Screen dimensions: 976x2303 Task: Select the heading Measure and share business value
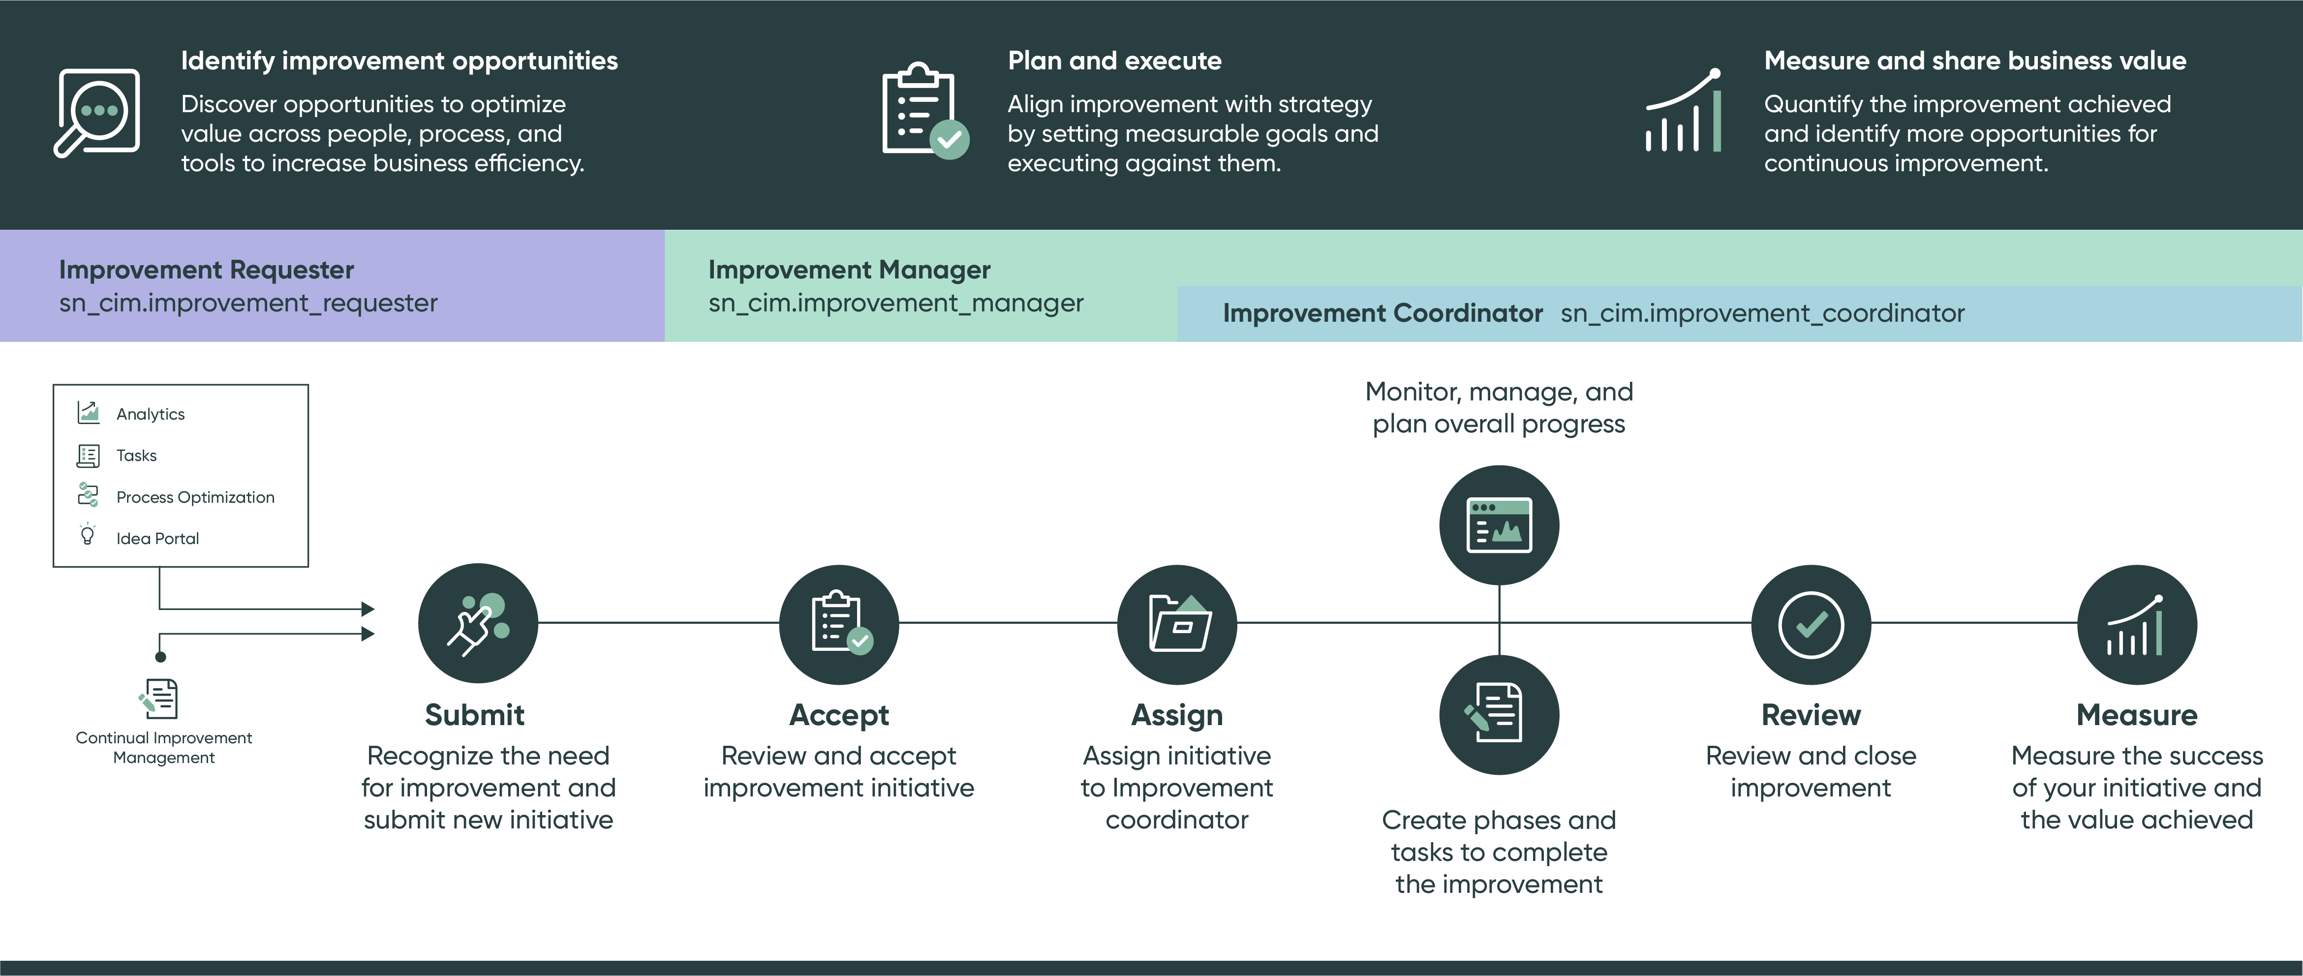pyautogui.click(x=1974, y=61)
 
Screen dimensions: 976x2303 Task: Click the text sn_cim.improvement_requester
pyautogui.click(x=247, y=303)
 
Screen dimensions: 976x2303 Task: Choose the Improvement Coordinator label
pyautogui.click(x=1382, y=313)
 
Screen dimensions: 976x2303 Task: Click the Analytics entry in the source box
pyautogui.click(x=150, y=414)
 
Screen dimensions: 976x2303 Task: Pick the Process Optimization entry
pyautogui.click(x=195, y=497)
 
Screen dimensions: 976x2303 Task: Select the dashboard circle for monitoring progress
pyautogui.click(x=1499, y=524)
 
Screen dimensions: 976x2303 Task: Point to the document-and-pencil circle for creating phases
pyautogui.click(x=1499, y=714)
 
